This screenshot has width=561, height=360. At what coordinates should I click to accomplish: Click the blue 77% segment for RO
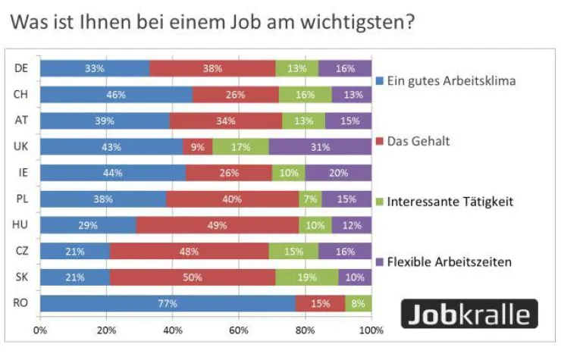(168, 303)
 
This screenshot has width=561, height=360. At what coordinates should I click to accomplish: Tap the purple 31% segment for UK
(320, 147)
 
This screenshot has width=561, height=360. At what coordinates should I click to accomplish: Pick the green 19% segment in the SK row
(306, 277)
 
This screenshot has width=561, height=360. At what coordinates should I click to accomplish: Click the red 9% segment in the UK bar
(197, 147)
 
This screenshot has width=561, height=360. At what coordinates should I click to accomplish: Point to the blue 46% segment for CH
(116, 95)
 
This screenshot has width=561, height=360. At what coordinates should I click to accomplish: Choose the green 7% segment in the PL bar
(310, 199)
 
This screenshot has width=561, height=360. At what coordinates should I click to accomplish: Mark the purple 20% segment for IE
(338, 173)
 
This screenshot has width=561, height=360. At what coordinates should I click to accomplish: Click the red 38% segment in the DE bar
(212, 69)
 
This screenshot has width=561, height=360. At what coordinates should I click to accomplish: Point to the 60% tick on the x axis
(239, 330)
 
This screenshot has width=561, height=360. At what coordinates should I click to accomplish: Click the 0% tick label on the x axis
(40, 330)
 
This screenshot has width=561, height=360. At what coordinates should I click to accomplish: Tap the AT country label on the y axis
(21, 121)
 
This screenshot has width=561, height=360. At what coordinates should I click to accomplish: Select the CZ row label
(21, 251)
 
